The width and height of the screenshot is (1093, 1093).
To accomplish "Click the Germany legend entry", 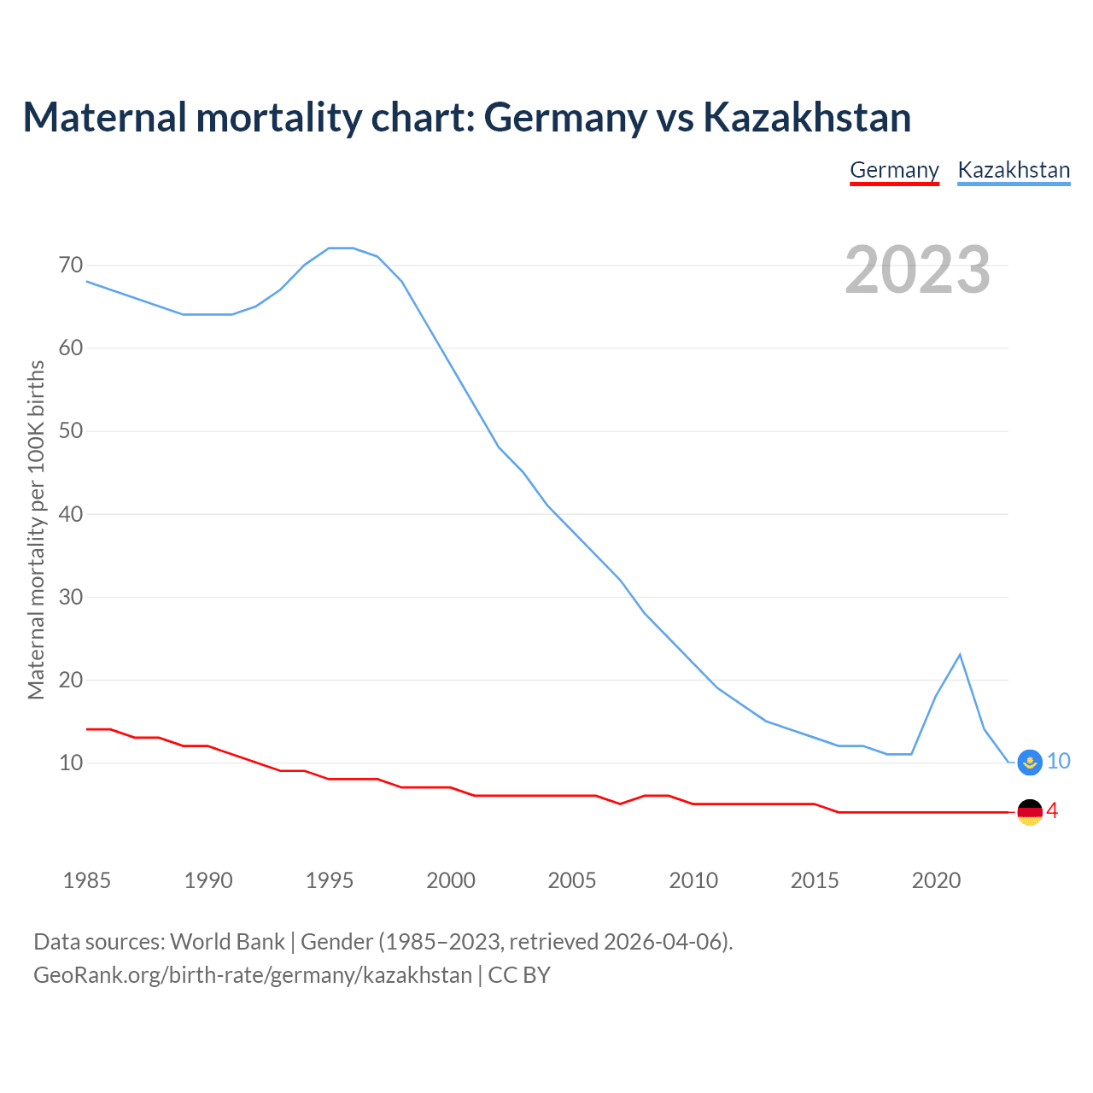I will tap(894, 170).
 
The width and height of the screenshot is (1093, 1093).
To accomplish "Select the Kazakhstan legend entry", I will tap(1014, 170).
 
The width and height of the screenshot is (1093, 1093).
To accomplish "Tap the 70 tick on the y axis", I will tap(71, 266).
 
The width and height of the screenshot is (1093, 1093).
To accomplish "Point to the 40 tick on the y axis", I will tap(71, 514).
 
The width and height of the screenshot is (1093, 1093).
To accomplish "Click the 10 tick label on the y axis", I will tap(71, 763).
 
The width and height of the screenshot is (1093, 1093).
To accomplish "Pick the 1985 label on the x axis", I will tap(87, 880).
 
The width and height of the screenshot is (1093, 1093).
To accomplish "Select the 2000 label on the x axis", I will tap(451, 880).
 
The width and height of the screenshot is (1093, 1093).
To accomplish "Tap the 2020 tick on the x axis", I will tap(936, 880).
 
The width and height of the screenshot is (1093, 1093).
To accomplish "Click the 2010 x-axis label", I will tap(693, 880).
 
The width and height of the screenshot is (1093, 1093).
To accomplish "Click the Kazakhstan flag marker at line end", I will tap(1031, 762).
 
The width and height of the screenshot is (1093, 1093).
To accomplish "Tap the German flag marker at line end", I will tap(1031, 812).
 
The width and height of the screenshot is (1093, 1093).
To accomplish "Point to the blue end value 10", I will tap(1059, 761).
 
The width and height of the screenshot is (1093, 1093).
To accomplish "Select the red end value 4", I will tap(1053, 811).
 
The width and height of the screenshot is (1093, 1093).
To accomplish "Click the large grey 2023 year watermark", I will tap(918, 270).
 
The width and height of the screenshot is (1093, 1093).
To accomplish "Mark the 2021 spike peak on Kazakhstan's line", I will tap(960, 655).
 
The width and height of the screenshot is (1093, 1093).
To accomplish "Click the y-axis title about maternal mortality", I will tap(36, 530).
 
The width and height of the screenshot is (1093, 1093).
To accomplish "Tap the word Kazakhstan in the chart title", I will tap(807, 117).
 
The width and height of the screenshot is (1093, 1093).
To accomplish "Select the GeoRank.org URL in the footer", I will tap(253, 974).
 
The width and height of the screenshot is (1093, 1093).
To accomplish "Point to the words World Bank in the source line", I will tap(227, 941).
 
